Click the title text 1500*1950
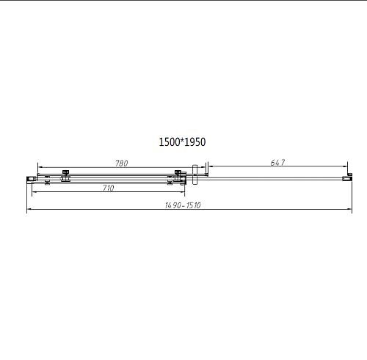click(182, 142)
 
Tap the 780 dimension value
click(122, 164)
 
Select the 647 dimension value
click(277, 163)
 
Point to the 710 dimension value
click(108, 188)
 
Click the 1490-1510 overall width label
click(183, 205)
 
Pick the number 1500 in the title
click(170, 142)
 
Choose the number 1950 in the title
click(195, 142)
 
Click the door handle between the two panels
click(195, 175)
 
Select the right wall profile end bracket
click(347, 179)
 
